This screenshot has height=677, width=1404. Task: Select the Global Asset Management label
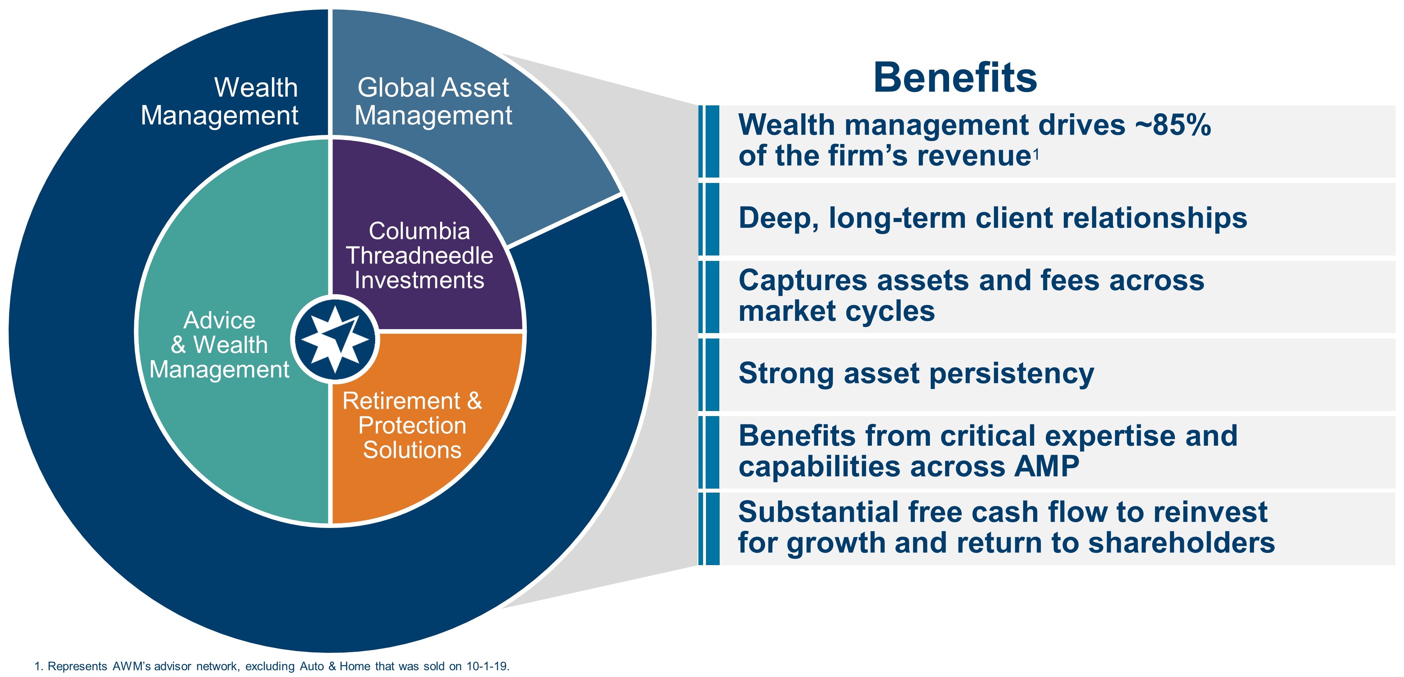pos(433,101)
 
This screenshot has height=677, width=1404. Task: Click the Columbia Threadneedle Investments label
pos(419,255)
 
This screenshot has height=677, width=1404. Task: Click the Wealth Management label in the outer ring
pos(220,101)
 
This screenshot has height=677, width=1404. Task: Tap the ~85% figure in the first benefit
pos(1173,125)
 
